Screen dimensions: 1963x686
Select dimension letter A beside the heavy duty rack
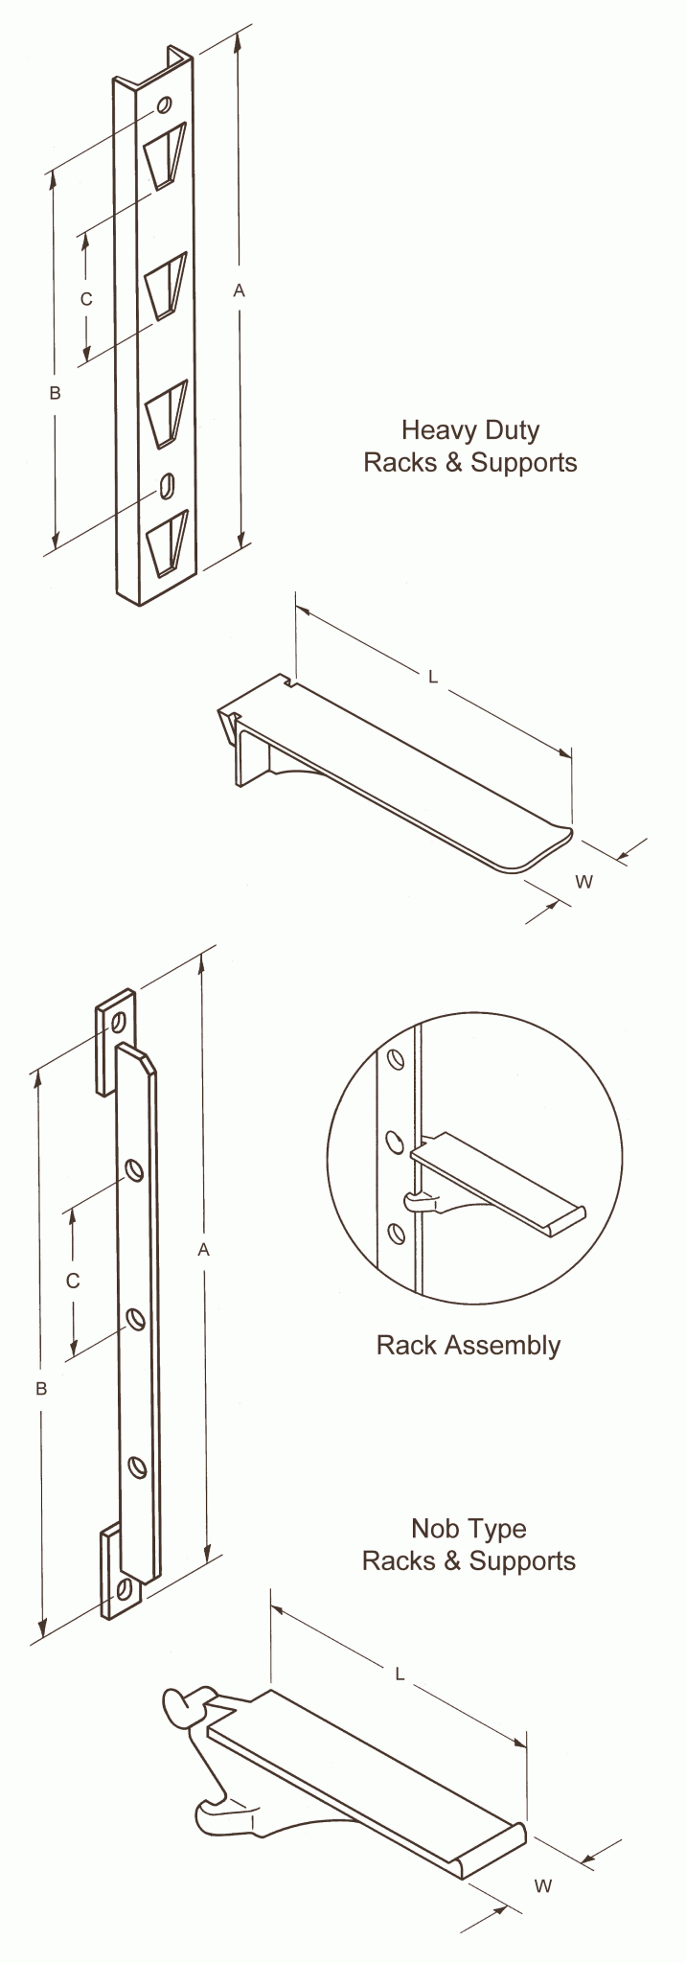pyautogui.click(x=240, y=290)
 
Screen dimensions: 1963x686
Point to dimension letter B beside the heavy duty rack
pyautogui.click(x=55, y=393)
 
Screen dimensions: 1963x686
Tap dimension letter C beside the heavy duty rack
pyautogui.click(x=86, y=299)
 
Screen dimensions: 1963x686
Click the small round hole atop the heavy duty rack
pyautogui.click(x=164, y=104)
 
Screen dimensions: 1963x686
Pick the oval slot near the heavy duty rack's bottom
pyautogui.click(x=167, y=485)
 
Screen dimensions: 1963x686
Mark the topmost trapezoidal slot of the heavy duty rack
pyautogui.click(x=165, y=153)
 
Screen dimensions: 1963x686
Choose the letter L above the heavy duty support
pyautogui.click(x=433, y=678)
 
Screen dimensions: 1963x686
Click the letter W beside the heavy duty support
pyautogui.click(x=583, y=882)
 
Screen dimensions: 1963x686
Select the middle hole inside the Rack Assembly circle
pyautogui.click(x=393, y=1141)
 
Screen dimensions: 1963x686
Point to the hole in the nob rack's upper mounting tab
pyautogui.click(x=119, y=1020)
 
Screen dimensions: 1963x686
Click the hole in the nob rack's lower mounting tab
pyautogui.click(x=124, y=1587)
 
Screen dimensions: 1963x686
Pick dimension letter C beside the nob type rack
pyautogui.click(x=74, y=1281)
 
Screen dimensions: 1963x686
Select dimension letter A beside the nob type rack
pyautogui.click(x=203, y=1249)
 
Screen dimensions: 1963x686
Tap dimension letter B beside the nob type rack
pyautogui.click(x=41, y=1389)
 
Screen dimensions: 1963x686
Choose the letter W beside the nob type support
pyautogui.click(x=542, y=1886)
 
